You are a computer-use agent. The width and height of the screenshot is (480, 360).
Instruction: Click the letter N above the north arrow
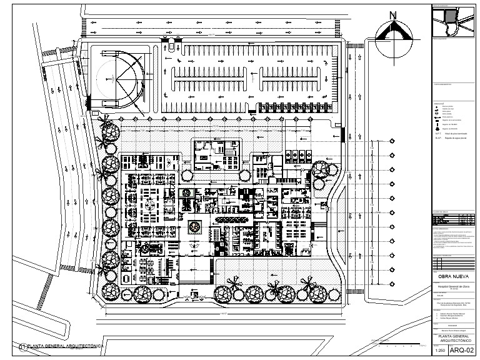point(393,16)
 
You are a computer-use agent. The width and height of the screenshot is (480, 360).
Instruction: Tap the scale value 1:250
point(439,351)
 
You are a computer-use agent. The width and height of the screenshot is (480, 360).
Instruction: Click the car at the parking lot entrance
point(169,45)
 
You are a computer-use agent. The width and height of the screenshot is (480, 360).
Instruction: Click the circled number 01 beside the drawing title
point(22,346)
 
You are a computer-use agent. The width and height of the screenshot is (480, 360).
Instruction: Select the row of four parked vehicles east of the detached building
point(298,154)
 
